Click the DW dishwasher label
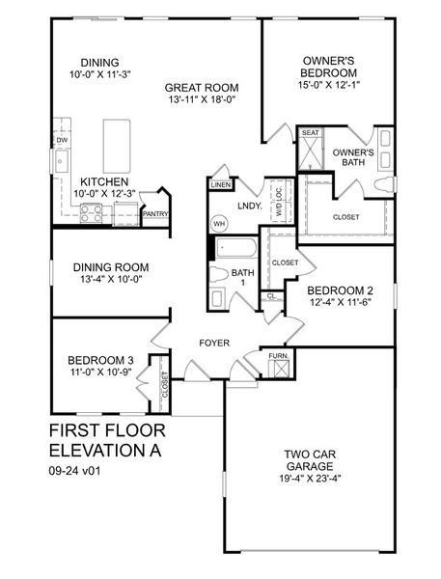coord(61,140)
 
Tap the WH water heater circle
coord(219,224)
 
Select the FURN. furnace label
coord(278,357)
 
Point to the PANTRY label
coord(155,214)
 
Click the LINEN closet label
coord(221,183)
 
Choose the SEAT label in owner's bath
coord(311,132)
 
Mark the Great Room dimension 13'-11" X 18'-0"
coord(202,98)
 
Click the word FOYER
coord(214,343)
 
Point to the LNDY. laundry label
coord(250,206)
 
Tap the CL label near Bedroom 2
coord(271,295)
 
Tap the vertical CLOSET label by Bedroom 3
coord(165,385)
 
